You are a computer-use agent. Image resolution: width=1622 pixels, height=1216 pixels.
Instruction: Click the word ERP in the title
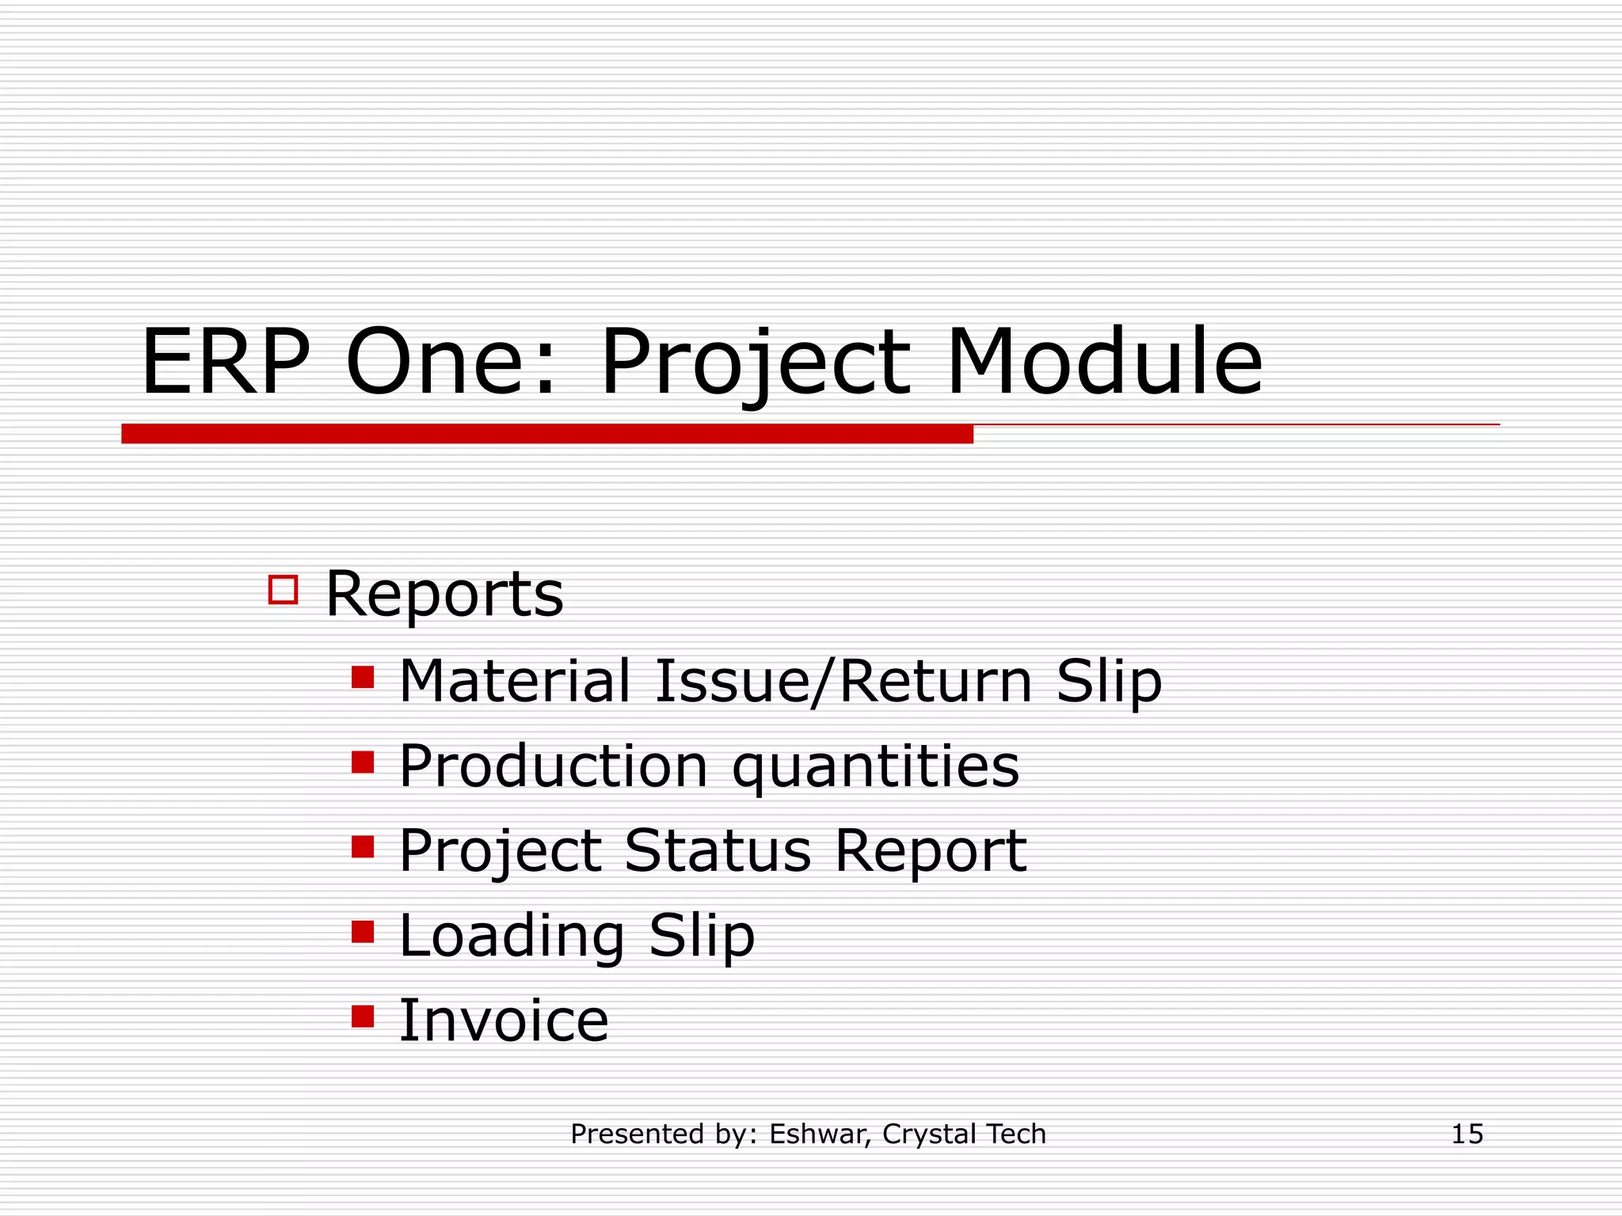click(x=226, y=363)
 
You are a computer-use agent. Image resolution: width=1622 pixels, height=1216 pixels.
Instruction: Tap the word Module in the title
click(x=1104, y=363)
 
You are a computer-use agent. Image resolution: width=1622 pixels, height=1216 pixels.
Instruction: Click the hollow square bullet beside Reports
click(x=283, y=591)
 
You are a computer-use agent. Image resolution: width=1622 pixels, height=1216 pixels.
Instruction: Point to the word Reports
click(x=444, y=594)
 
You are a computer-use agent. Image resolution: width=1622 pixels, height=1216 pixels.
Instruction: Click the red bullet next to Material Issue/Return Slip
click(x=363, y=678)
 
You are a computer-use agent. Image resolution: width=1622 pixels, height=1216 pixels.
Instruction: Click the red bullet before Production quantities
click(x=363, y=762)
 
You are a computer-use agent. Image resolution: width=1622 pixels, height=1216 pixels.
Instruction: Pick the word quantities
click(x=875, y=768)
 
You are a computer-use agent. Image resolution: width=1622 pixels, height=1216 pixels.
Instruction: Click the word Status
click(x=718, y=851)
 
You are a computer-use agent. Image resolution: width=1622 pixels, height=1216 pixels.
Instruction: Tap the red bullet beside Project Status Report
click(x=363, y=847)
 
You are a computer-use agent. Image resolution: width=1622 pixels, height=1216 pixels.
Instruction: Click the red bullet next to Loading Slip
click(x=363, y=932)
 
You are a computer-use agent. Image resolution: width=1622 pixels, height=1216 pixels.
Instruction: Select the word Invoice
click(x=504, y=1021)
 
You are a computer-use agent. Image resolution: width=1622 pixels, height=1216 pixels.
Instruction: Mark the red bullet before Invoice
click(x=363, y=1016)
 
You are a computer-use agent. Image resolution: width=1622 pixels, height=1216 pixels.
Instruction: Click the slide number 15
click(x=1467, y=1134)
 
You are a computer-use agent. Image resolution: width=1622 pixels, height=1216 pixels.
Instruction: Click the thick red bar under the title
click(x=546, y=434)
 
